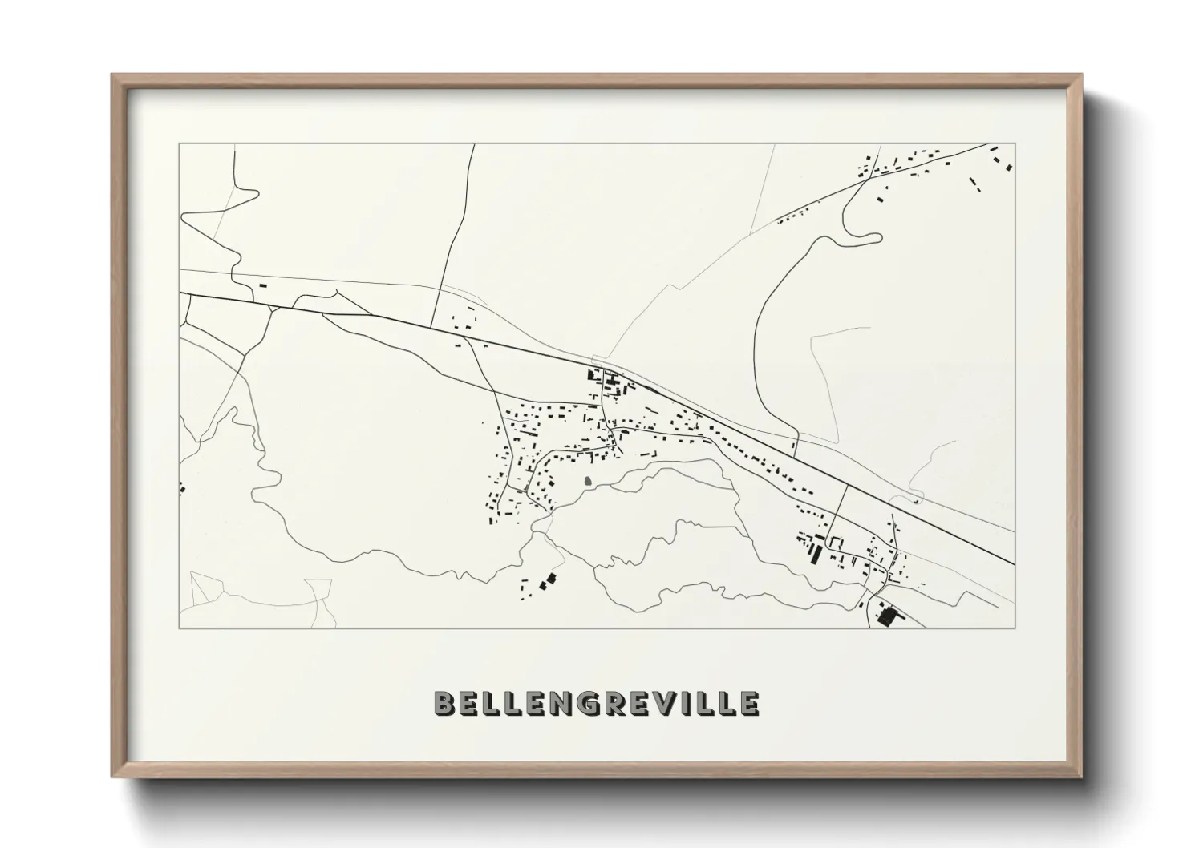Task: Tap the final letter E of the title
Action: pyautogui.click(x=749, y=703)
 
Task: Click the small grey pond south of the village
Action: pyautogui.click(x=589, y=482)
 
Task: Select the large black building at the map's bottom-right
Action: pyautogui.click(x=886, y=616)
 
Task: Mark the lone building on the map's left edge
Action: pyautogui.click(x=182, y=486)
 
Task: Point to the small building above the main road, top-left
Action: pyautogui.click(x=262, y=284)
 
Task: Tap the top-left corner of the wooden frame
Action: pyautogui.click(x=114, y=76)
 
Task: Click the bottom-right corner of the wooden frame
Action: pyautogui.click(x=1080, y=775)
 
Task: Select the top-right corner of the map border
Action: pyautogui.click(x=1015, y=144)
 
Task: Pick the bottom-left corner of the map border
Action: pyautogui.click(x=180, y=628)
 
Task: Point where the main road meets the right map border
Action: pyautogui.click(x=1015, y=563)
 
